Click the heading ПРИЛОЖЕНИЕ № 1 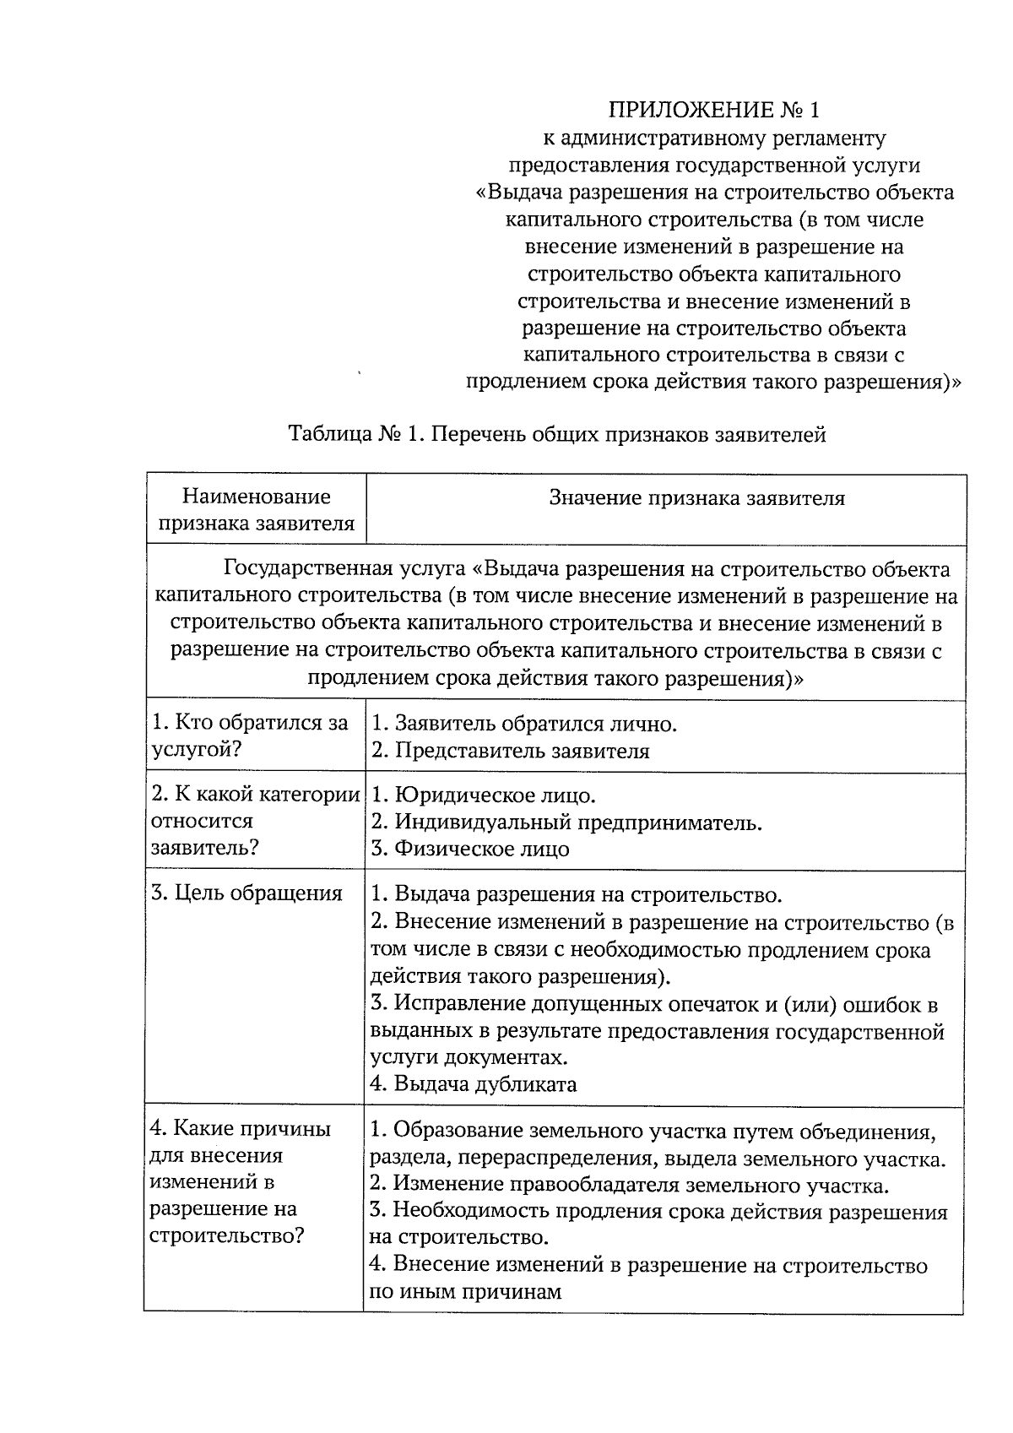(714, 111)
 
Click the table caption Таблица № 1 (557, 435)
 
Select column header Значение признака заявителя (696, 498)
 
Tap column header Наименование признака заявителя (256, 510)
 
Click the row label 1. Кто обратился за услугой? (249, 736)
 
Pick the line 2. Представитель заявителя (511, 751)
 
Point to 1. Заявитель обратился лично (524, 724)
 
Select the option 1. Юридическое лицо (484, 795)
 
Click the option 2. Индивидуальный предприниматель (566, 822)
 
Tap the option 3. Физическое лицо (470, 849)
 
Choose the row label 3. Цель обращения (246, 893)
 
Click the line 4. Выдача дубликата (474, 1084)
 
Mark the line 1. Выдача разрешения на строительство (577, 894)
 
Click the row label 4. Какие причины (241, 1129)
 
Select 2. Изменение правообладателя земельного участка (630, 1185)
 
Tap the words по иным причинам (465, 1292)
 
